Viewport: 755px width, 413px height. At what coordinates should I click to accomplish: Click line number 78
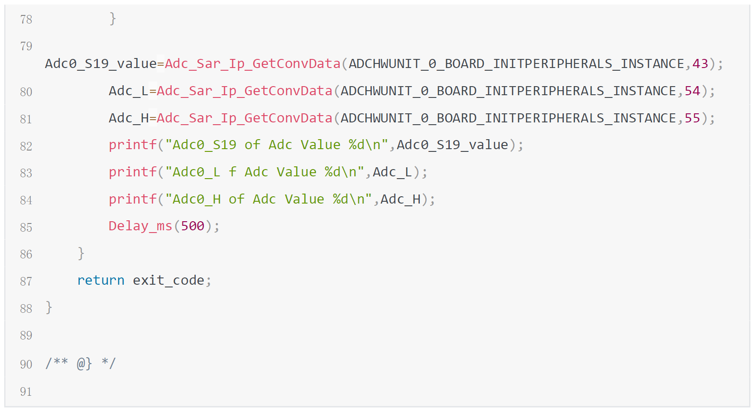coord(26,19)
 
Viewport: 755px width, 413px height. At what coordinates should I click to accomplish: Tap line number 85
coord(26,227)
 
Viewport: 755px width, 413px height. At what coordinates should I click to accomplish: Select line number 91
coord(26,392)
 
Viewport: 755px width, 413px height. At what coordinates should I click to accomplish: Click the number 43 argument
coord(700,64)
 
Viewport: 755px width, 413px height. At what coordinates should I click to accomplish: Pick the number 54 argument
coord(692,91)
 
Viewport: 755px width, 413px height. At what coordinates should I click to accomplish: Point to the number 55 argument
coord(692,118)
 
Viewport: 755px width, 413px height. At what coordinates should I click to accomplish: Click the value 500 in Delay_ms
coord(192,226)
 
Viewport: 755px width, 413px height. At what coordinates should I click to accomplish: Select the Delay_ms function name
coord(140,226)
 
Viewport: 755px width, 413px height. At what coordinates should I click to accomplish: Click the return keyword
coord(101,281)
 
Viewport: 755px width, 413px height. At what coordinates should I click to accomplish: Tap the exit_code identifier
coord(168,281)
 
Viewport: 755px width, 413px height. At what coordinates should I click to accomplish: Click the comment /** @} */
coord(81,364)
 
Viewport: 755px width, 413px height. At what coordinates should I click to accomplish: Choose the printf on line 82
coord(132,145)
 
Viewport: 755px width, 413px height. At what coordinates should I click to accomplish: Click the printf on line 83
coord(132,172)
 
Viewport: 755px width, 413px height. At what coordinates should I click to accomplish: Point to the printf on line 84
coord(132,199)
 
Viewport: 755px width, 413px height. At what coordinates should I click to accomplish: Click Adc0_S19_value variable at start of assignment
coord(101,64)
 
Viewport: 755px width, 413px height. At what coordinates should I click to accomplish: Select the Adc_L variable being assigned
coord(128,91)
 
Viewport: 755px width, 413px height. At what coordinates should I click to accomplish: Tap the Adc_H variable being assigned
coord(128,118)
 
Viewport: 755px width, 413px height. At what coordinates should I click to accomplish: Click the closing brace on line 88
coord(49,308)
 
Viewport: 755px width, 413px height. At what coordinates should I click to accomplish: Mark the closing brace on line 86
coord(81,253)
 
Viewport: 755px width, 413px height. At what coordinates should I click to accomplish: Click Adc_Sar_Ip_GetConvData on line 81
coord(245,118)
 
